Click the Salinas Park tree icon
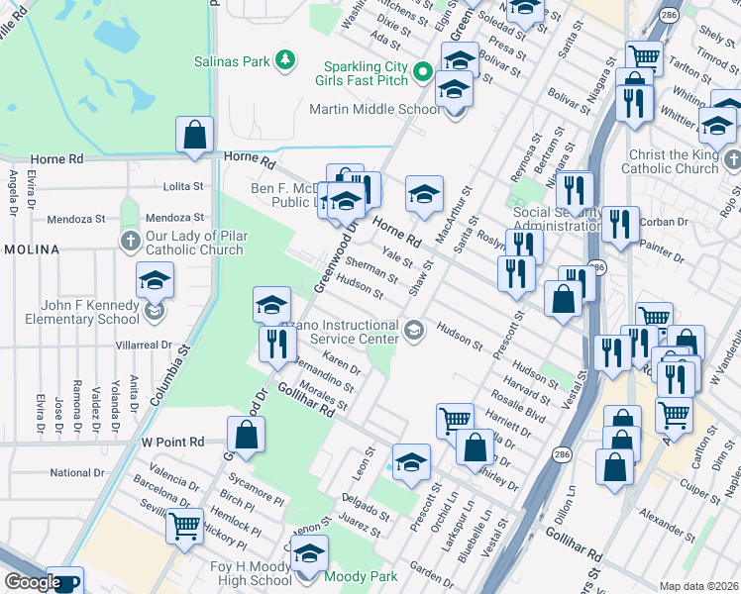coord(285,61)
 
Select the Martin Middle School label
coord(374,109)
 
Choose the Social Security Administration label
coord(558,220)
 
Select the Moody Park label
coord(365,576)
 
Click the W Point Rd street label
coord(172,442)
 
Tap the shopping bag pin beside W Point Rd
coord(245,434)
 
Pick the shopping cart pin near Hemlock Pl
coord(184,526)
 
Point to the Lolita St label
coord(182,186)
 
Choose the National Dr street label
coord(76,473)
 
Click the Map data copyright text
coord(698,586)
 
